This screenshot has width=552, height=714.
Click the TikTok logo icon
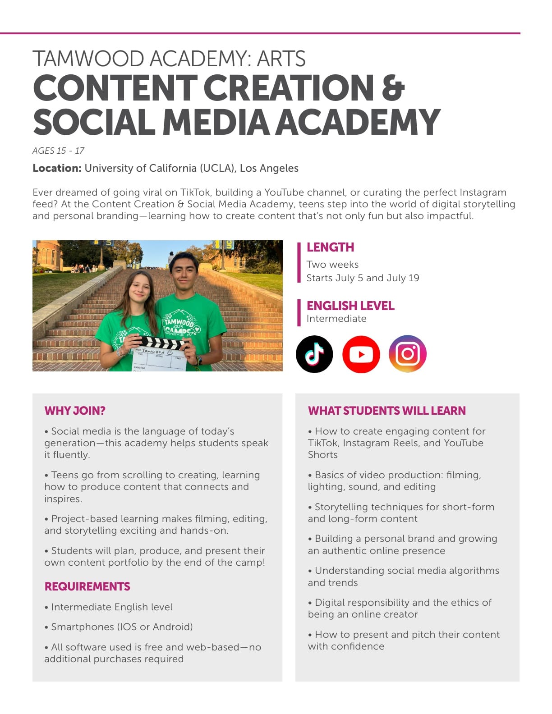[x=314, y=354]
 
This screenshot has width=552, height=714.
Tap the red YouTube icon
[x=361, y=354]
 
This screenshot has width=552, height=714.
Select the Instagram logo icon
[x=408, y=354]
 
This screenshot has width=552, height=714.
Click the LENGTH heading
[x=330, y=247]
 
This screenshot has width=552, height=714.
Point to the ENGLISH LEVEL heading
[x=350, y=306]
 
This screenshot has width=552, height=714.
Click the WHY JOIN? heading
[x=75, y=411]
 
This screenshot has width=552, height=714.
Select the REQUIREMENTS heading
[x=87, y=586]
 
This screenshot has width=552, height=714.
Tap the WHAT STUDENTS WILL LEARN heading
[x=386, y=411]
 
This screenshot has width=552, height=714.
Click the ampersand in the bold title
[x=393, y=88]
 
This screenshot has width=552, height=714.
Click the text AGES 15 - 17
[x=58, y=151]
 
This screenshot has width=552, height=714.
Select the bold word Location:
[x=57, y=169]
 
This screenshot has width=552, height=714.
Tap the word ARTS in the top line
[x=281, y=59]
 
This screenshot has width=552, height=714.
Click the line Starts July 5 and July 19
[x=363, y=278]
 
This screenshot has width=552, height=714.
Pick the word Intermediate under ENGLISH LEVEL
[x=336, y=319]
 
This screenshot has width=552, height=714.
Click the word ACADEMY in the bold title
[x=358, y=123]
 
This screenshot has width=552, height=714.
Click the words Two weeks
[x=332, y=265]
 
